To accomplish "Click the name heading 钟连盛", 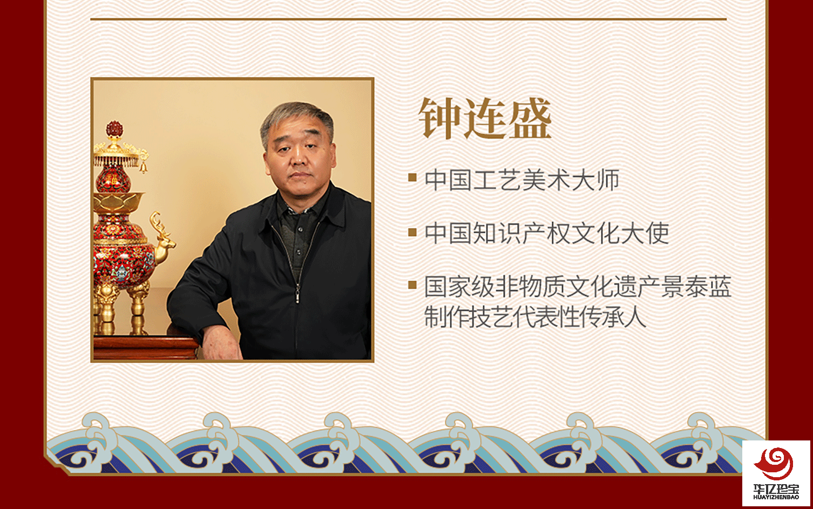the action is tap(485, 119).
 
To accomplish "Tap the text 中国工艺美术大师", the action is tap(522, 180).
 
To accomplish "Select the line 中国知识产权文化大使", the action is tap(547, 233).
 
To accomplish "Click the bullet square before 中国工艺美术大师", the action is tap(412, 178).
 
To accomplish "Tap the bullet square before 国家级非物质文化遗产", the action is tap(412, 285).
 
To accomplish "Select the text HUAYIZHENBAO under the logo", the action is tap(776, 497).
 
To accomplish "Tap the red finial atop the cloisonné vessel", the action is tap(114, 130).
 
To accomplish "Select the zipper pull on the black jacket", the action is tap(297, 295).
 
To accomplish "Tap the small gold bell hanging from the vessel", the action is tap(144, 167).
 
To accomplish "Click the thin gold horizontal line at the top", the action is tap(408, 19).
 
